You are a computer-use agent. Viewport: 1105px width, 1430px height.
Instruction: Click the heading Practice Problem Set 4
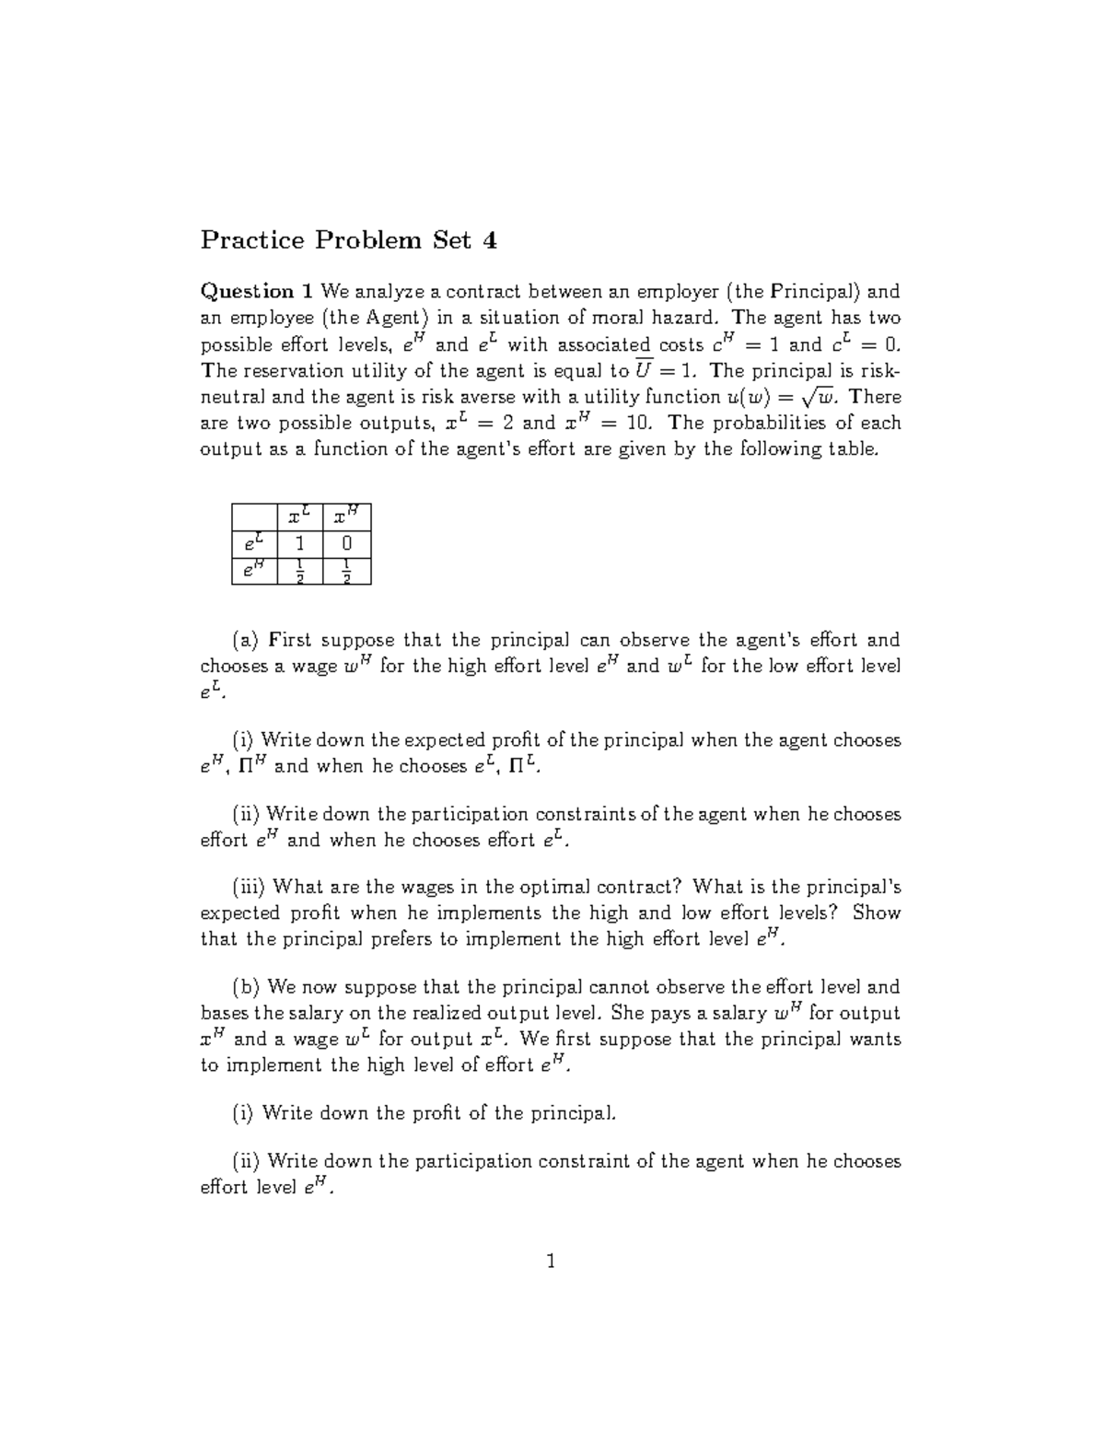tap(349, 241)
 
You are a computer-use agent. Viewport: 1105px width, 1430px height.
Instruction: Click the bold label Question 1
tap(257, 292)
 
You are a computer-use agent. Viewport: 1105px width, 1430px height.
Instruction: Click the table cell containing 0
tap(346, 544)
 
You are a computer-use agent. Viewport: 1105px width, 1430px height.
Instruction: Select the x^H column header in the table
tap(346, 517)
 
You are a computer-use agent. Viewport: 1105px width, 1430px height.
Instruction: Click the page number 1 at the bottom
tap(552, 1261)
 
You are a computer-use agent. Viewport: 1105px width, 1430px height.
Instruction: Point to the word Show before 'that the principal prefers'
tap(876, 913)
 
